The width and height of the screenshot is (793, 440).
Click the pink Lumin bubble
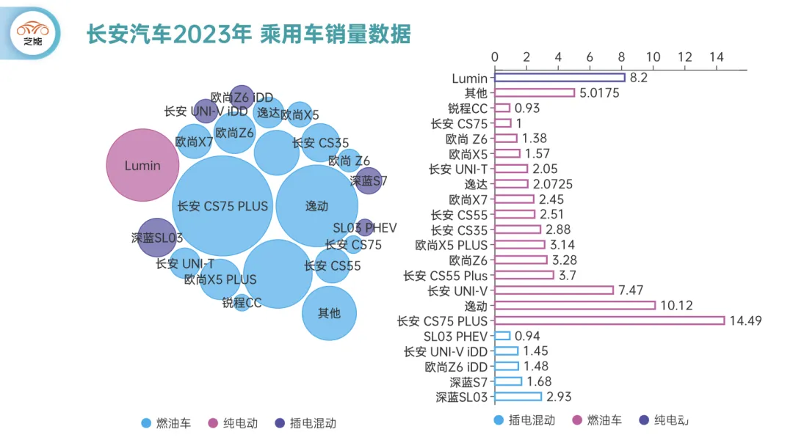point(142,165)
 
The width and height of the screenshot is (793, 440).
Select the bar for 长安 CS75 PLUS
point(609,320)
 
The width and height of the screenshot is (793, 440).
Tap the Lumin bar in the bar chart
point(560,78)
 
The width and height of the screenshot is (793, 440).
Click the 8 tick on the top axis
point(622,57)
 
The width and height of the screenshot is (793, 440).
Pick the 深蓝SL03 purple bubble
point(157,238)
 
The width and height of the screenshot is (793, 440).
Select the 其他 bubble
point(329,313)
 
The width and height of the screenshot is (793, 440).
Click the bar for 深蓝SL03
point(518,397)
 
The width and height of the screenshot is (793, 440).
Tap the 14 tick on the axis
point(716,57)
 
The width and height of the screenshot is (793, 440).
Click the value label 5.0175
point(599,93)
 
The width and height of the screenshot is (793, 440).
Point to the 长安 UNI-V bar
point(554,290)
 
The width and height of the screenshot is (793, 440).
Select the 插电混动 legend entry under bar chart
point(525,420)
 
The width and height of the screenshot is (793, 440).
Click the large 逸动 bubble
point(316,207)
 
